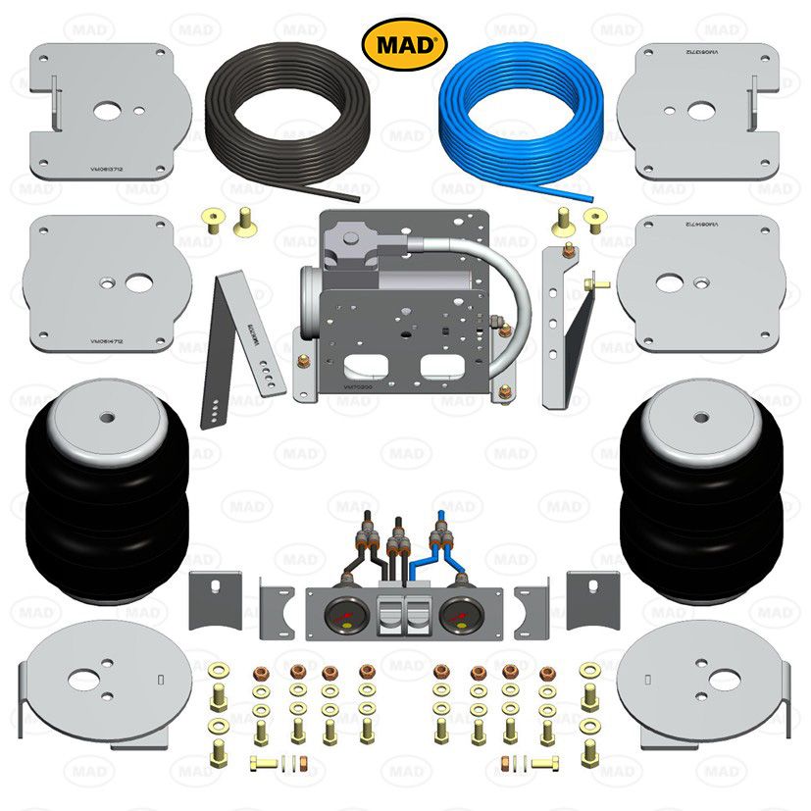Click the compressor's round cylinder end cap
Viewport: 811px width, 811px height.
click(x=305, y=294)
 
